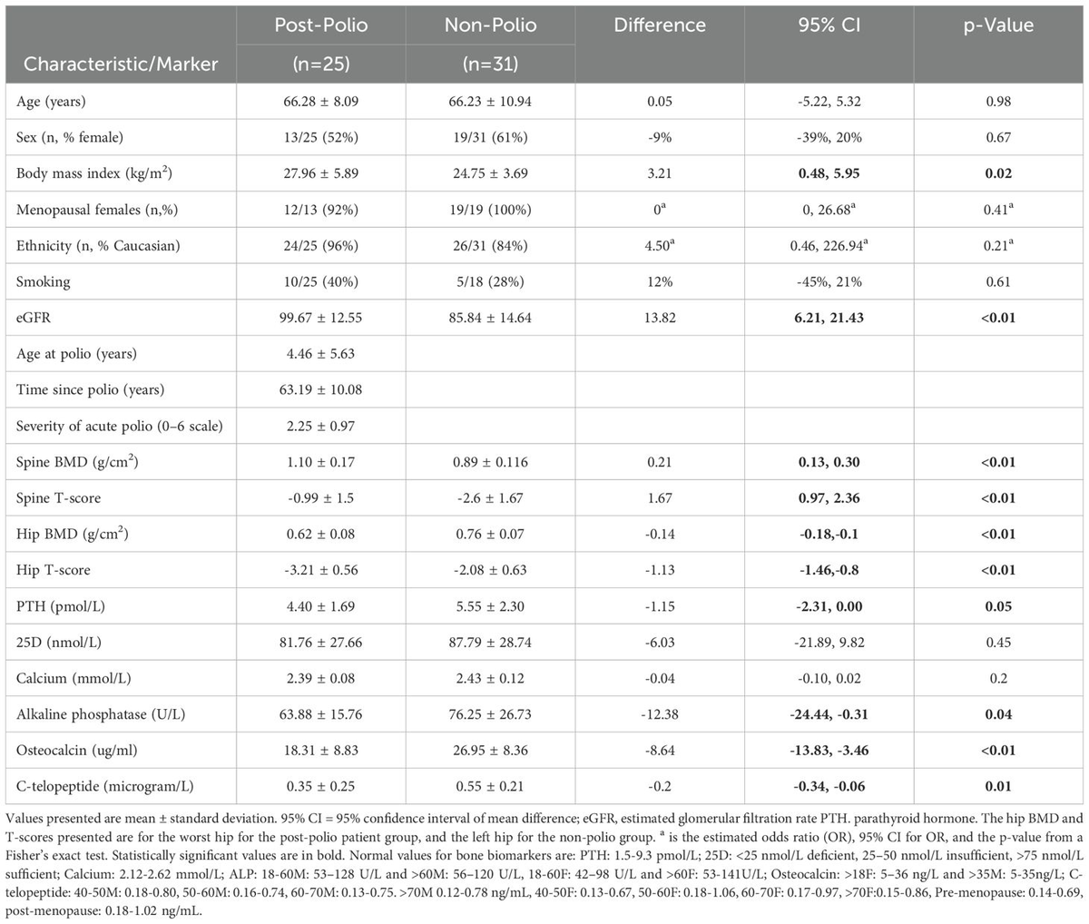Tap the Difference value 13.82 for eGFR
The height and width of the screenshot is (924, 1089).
point(662,318)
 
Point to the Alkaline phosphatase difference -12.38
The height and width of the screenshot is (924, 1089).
point(662,714)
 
